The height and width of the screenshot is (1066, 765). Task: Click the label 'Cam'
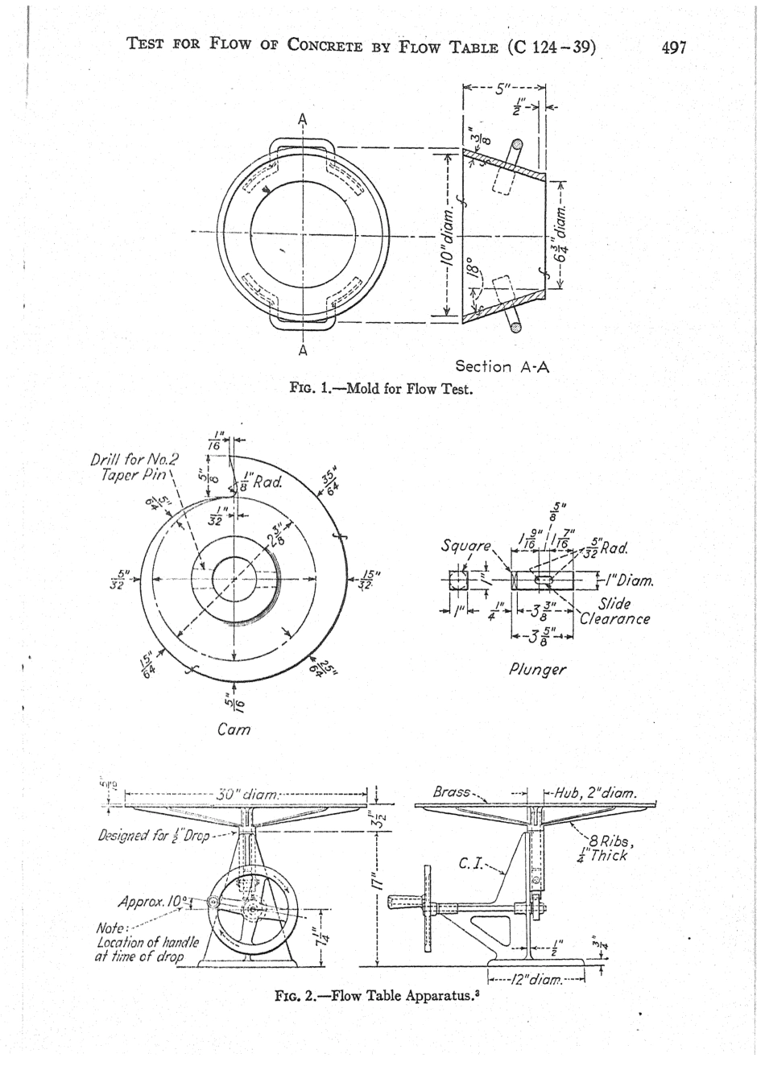pos(234,729)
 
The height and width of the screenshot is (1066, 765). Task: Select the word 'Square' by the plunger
pos(462,548)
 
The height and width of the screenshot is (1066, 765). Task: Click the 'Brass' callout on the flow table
pos(452,792)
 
